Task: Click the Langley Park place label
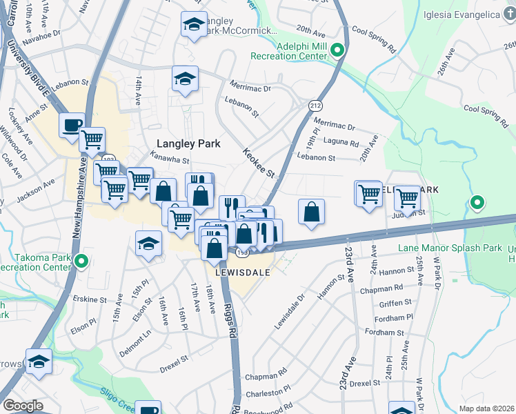[188, 144]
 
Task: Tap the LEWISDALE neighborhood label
[241, 272]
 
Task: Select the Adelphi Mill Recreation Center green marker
[337, 50]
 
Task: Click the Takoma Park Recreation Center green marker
[81, 262]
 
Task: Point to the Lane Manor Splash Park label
[448, 248]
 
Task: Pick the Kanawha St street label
[170, 159]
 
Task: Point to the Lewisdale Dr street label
[289, 312]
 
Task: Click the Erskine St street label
[90, 300]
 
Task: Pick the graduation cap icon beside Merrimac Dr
[185, 79]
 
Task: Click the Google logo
[23, 406]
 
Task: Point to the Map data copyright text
[486, 408]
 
